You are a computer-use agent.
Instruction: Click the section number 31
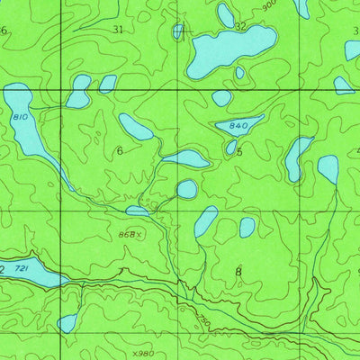118,30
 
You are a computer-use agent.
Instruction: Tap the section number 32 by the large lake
239,27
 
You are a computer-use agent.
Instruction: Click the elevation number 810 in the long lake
19,118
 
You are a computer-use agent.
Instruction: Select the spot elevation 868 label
129,234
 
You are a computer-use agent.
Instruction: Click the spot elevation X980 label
142,353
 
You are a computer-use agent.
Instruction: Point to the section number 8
238,270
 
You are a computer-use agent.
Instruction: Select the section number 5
239,152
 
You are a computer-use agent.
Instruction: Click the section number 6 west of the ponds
119,150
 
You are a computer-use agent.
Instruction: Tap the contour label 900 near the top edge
268,5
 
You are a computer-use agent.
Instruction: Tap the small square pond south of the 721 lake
67,322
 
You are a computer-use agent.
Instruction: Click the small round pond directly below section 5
186,189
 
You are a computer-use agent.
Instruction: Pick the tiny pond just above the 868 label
136,211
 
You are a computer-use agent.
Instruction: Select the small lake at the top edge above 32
225,14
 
